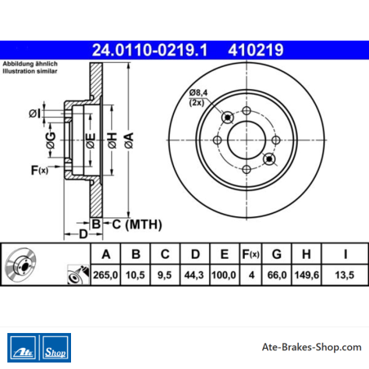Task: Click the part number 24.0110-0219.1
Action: pyautogui.click(x=149, y=50)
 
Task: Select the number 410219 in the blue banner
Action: pyautogui.click(x=256, y=50)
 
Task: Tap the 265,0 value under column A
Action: pyautogui.click(x=105, y=275)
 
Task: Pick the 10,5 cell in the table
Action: pyautogui.click(x=136, y=275)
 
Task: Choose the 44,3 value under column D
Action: pyautogui.click(x=194, y=275)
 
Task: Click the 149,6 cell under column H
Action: pyautogui.click(x=307, y=275)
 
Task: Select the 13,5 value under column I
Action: pyautogui.click(x=345, y=275)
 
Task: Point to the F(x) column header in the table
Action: pyautogui.click(x=251, y=255)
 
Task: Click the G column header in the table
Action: pyautogui.click(x=277, y=255)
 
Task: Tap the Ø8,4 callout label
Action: pyautogui.click(x=198, y=93)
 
